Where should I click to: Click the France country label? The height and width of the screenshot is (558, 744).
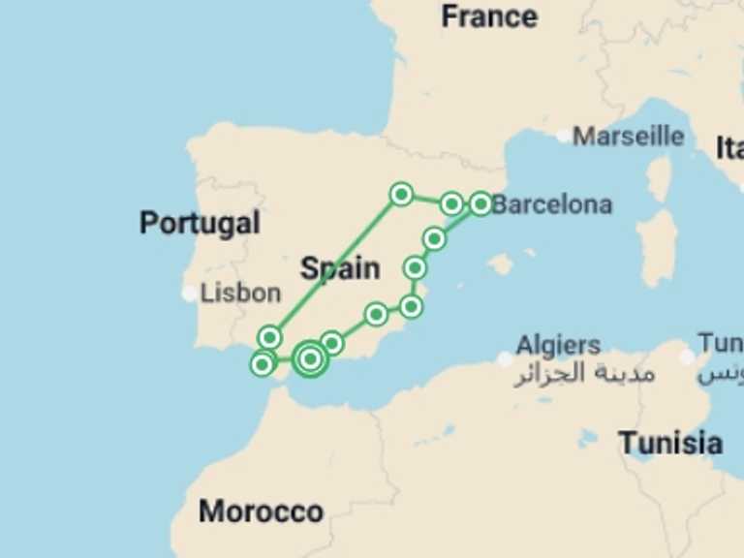pos(489,16)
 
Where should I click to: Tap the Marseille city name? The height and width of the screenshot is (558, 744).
pos(628,137)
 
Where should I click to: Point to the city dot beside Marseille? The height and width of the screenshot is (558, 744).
pos(564,137)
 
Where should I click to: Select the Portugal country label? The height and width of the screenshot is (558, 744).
pos(200,223)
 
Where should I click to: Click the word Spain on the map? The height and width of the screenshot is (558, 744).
pos(339,267)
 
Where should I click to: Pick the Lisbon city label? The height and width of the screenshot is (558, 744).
pos(240,293)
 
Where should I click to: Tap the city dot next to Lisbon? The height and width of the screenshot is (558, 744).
pos(190,294)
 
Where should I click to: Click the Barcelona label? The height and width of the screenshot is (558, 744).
pos(552,204)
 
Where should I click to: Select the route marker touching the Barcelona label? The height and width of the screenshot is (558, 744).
pos(481,203)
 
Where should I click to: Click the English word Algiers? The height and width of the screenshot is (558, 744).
pos(558,345)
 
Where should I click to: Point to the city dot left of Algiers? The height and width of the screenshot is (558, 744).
pos(505,359)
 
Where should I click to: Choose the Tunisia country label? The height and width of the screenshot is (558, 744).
pos(670,444)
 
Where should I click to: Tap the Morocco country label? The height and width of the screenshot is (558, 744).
pos(261,511)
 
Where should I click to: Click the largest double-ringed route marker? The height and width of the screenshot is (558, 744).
pos(310,359)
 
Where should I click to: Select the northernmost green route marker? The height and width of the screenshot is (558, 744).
pos(401,195)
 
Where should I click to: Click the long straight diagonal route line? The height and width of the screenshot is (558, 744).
pos(335,266)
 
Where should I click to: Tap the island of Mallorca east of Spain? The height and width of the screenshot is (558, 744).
pos(500,263)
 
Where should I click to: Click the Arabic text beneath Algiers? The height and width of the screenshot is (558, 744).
pos(583,373)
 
